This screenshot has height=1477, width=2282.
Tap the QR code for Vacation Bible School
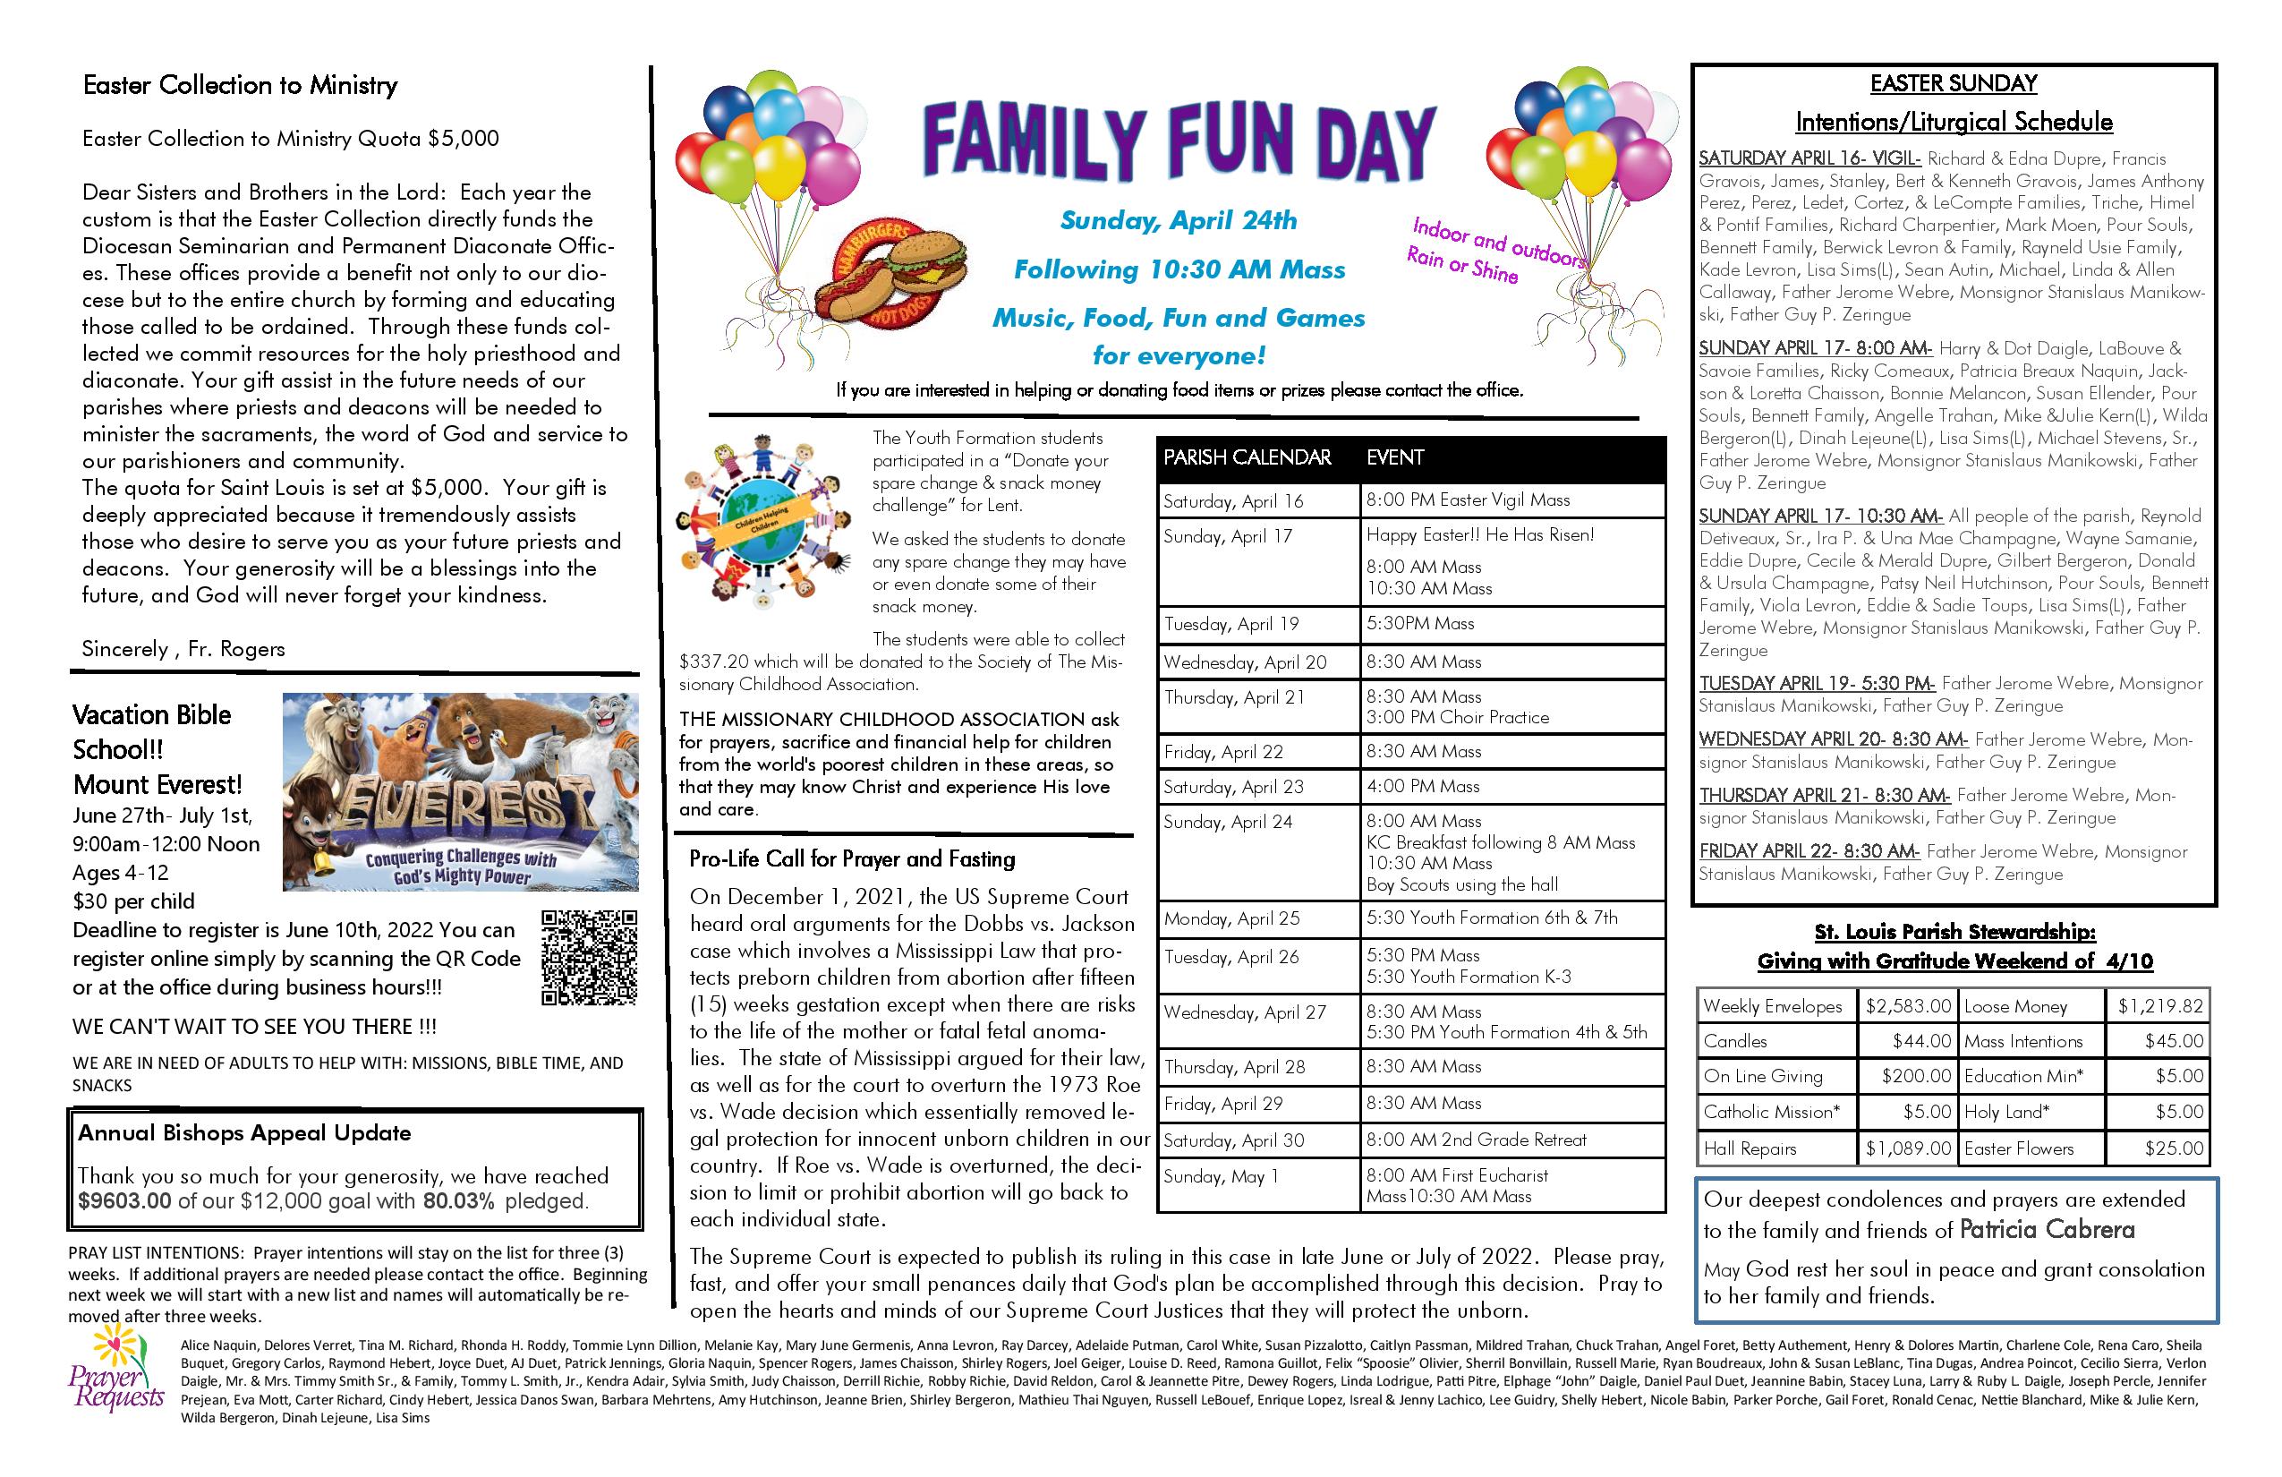coord(589,956)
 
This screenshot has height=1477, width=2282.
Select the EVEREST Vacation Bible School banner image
coord(460,791)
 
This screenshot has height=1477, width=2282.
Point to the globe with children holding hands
coord(763,525)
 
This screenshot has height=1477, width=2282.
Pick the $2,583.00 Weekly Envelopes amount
coord(1907,1006)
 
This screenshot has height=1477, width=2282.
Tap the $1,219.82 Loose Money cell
coord(2159,1006)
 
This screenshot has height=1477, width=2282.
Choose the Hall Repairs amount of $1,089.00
coord(1907,1148)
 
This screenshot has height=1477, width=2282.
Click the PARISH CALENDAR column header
coord(1247,457)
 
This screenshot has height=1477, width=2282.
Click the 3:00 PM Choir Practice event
coord(1458,717)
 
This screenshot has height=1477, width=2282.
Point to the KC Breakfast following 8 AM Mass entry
coord(1501,842)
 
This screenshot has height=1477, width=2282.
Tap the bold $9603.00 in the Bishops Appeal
coord(124,1200)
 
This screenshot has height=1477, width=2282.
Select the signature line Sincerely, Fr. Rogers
coord(183,648)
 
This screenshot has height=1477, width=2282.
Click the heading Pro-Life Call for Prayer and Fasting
coord(851,859)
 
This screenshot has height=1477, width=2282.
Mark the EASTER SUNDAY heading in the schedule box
coord(1953,84)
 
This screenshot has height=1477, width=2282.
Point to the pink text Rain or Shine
coord(1461,266)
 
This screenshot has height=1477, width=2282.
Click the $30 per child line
coord(133,901)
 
